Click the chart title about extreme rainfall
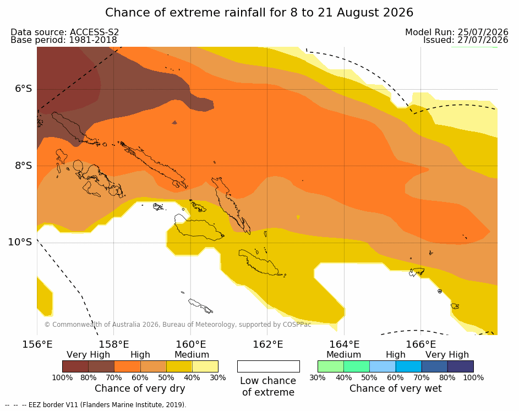[x=259, y=13]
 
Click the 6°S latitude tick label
[x=24, y=89]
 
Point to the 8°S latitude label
[x=24, y=166]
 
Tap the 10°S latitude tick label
[x=20, y=242]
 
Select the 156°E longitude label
[x=37, y=344]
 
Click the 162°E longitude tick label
[x=268, y=344]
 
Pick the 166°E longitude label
[x=421, y=344]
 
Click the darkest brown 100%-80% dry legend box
[x=75, y=366]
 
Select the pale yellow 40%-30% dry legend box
[x=205, y=366]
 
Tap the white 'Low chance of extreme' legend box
[x=269, y=366]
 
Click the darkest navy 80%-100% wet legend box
[x=461, y=366]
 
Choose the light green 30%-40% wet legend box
[x=331, y=366]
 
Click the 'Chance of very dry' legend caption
[x=140, y=388]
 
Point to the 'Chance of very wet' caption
[x=396, y=388]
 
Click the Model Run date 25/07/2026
[x=483, y=32]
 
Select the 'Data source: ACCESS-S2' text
[x=64, y=32]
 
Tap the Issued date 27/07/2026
[x=483, y=40]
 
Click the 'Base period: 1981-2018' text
[x=63, y=40]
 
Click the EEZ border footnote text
[x=96, y=405]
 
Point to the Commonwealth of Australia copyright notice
[x=178, y=324]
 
